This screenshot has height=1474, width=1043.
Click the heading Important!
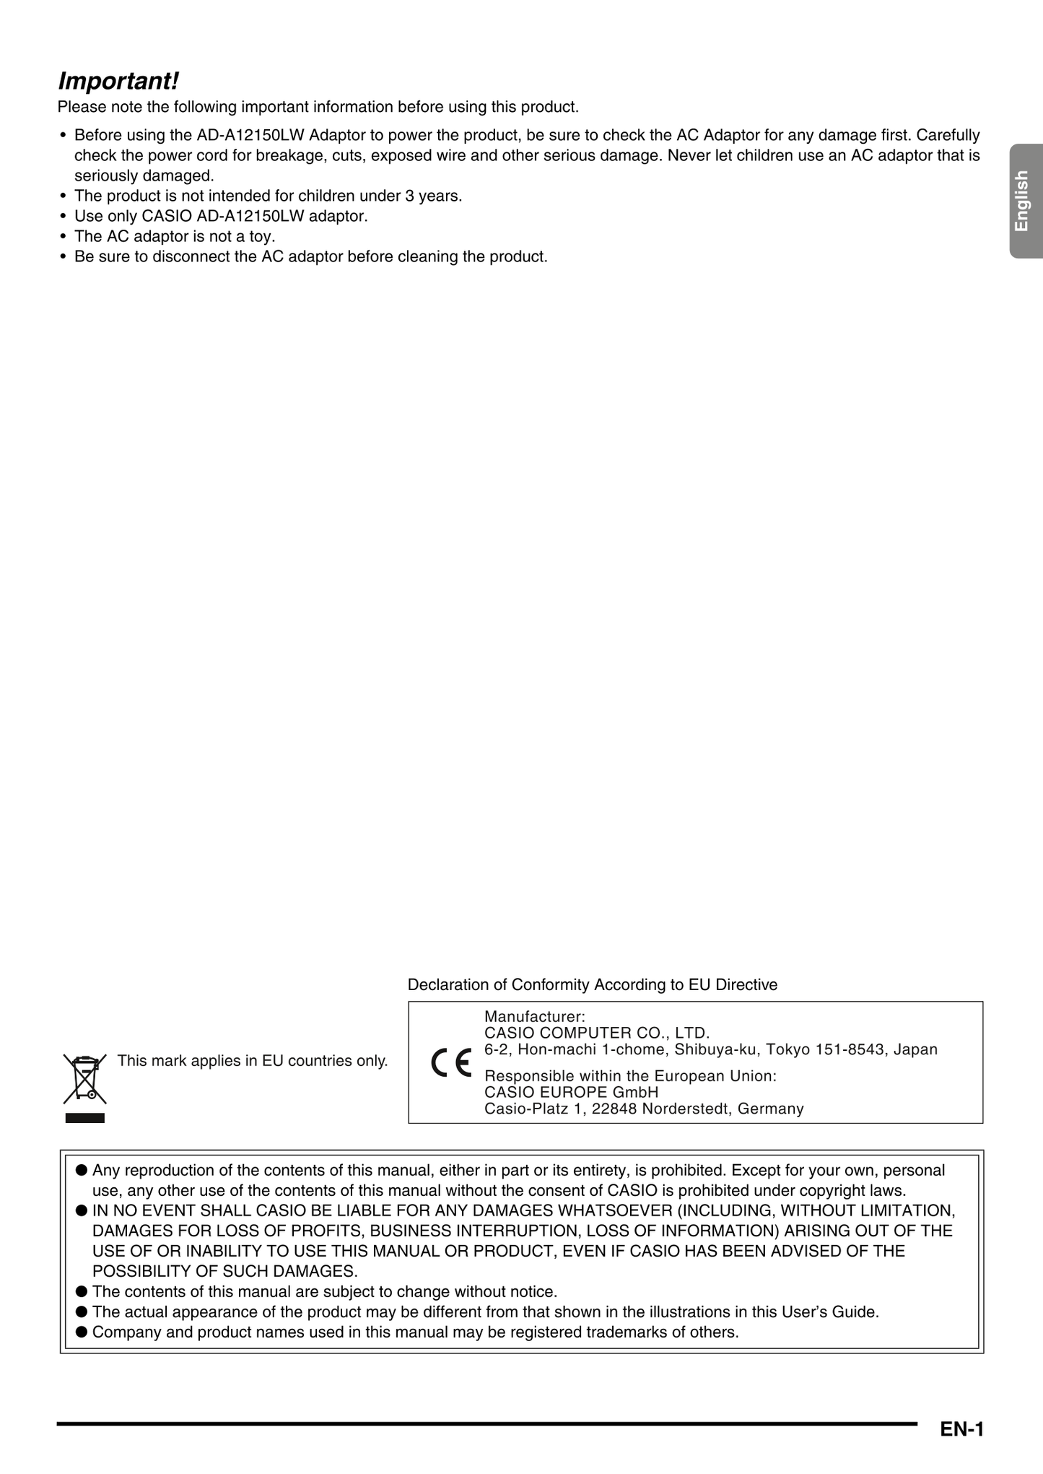[118, 81]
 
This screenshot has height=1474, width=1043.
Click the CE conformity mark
[451, 1062]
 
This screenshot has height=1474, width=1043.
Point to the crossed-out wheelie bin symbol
[84, 1078]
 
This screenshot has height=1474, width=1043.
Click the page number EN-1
[961, 1429]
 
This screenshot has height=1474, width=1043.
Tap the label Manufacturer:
[535, 1017]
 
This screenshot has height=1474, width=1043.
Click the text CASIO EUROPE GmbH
[571, 1092]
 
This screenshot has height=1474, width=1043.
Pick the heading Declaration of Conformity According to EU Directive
[592, 985]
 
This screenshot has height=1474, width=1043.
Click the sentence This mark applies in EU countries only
[253, 1061]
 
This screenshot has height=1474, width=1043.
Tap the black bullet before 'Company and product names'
[82, 1332]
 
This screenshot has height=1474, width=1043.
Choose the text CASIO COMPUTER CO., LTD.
[597, 1033]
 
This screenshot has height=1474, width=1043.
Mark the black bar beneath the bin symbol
[84, 1118]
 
